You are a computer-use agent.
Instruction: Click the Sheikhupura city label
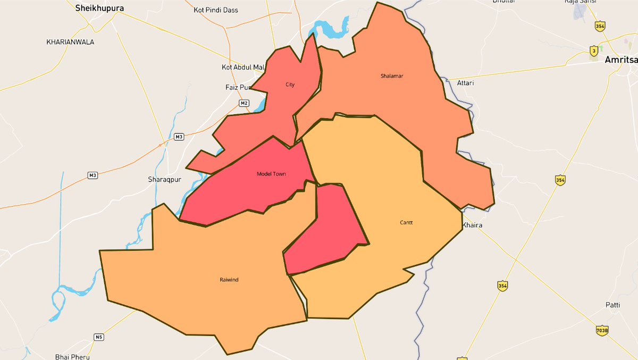pyautogui.click(x=100, y=8)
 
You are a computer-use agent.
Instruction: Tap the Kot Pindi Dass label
pyautogui.click(x=216, y=10)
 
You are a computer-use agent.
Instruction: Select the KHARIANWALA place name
pyautogui.click(x=70, y=41)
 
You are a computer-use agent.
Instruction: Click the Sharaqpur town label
pyautogui.click(x=165, y=179)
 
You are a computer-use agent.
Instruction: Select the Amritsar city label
pyautogui.click(x=621, y=60)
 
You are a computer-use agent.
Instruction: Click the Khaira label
pyautogui.click(x=472, y=225)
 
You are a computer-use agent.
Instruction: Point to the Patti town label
pyautogui.click(x=612, y=305)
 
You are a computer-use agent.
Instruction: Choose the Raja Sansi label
pyautogui.click(x=578, y=2)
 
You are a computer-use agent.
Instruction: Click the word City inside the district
pyautogui.click(x=290, y=85)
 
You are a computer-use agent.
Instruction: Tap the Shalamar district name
pyautogui.click(x=392, y=76)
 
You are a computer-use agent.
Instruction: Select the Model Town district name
pyautogui.click(x=271, y=174)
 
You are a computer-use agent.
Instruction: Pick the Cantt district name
pyautogui.click(x=406, y=223)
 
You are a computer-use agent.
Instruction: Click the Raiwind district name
pyautogui.click(x=229, y=280)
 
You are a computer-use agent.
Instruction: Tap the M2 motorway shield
pyautogui.click(x=244, y=103)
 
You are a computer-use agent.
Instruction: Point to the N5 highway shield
pyautogui.click(x=98, y=337)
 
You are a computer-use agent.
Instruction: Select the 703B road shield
pyautogui.click(x=602, y=331)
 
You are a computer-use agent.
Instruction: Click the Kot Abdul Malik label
pyautogui.click(x=243, y=68)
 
